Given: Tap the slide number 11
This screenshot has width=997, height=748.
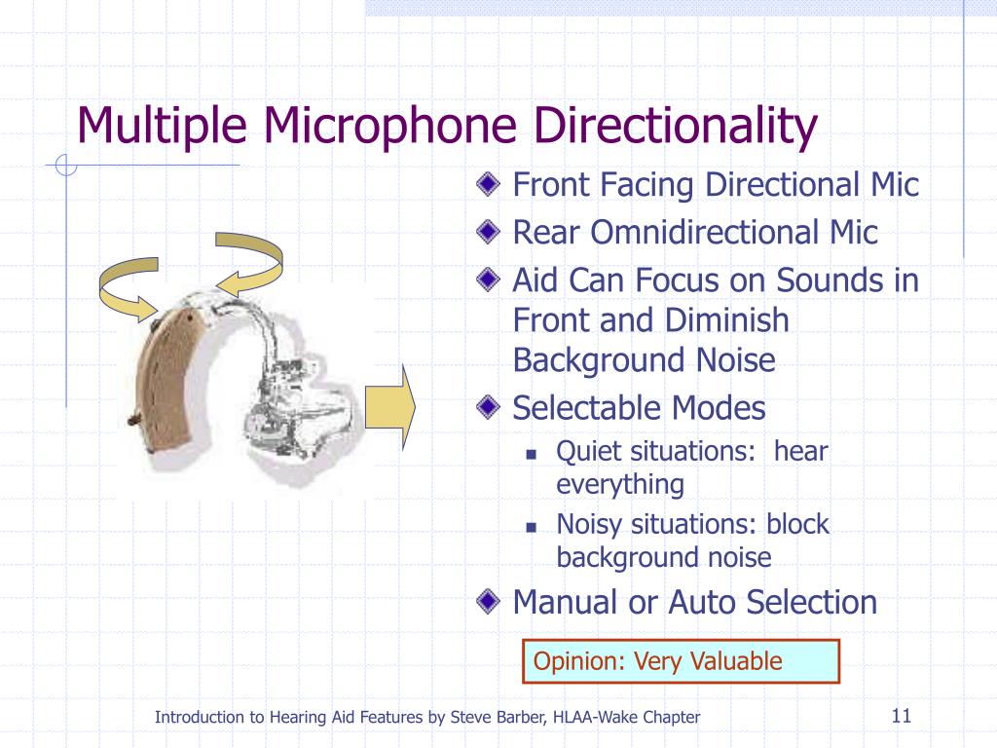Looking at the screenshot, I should coord(900,718).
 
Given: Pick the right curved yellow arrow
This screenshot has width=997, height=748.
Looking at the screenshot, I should coord(251,263).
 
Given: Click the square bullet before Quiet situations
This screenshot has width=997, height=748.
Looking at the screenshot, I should coord(532,454).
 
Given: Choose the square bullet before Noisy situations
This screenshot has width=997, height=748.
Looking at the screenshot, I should coord(532,526).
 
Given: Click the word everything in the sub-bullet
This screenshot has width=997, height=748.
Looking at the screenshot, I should coord(620,484).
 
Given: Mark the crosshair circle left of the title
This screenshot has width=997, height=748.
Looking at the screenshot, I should coord(66,166).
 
